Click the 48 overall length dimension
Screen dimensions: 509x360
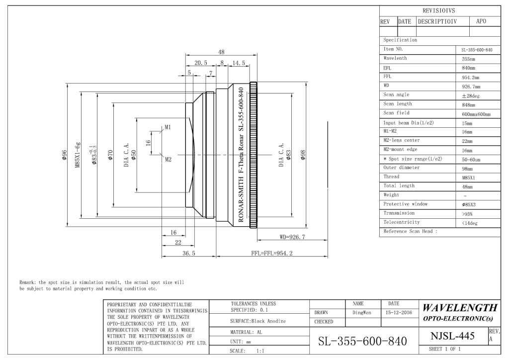221,52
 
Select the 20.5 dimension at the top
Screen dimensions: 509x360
201,63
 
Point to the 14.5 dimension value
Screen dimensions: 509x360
239,63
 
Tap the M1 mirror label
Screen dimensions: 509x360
168,127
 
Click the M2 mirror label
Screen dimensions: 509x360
168,160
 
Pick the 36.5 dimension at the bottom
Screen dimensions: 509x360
188,253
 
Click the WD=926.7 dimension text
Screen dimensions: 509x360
292,237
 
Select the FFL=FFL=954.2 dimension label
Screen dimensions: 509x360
272,253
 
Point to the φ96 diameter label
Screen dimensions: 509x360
64,155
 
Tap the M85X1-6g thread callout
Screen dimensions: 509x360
78,155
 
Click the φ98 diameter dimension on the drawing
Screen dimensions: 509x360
303,155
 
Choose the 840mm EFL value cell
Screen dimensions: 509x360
468,68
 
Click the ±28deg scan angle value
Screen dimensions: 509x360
471,96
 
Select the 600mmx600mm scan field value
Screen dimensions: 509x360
476,114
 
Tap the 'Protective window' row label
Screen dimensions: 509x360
406,204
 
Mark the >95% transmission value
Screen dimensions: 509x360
467,214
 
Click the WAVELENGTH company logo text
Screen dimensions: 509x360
460,307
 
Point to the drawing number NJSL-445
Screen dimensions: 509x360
452,336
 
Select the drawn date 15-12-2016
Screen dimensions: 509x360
399,313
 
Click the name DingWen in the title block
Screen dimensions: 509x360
362,313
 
